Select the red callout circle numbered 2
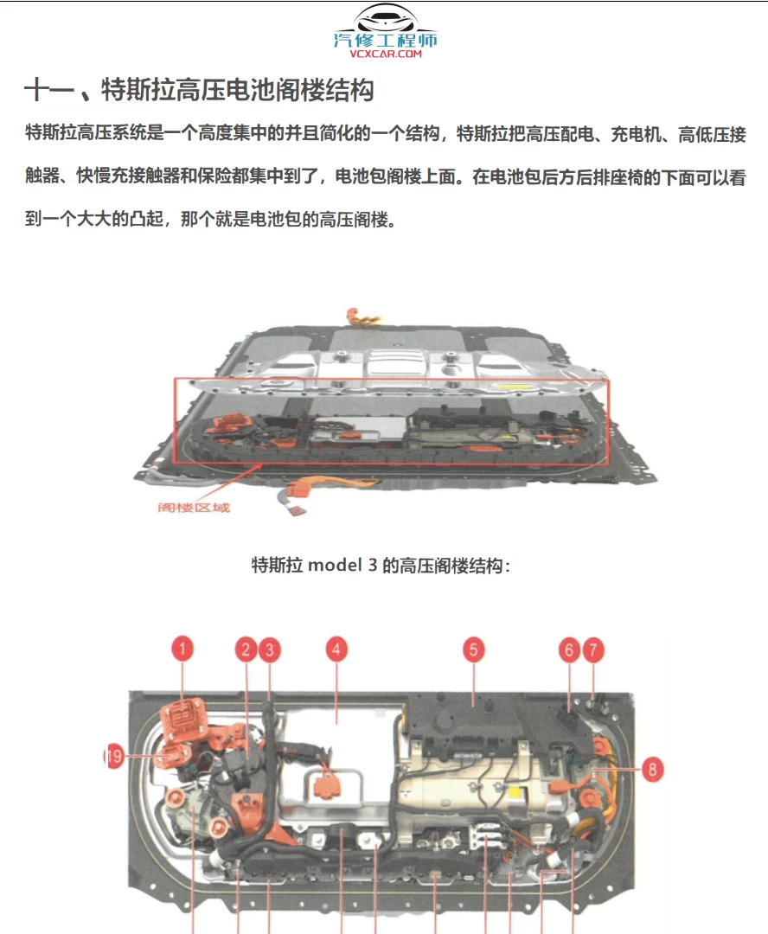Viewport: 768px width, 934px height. click(246, 649)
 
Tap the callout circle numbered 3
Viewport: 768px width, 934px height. click(270, 649)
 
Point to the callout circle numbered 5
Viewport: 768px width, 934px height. click(472, 649)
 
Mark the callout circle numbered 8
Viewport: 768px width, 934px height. click(653, 768)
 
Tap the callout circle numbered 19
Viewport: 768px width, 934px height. click(114, 757)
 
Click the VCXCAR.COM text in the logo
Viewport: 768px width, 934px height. click(386, 54)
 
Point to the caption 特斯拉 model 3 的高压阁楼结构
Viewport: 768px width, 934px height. click(381, 566)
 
